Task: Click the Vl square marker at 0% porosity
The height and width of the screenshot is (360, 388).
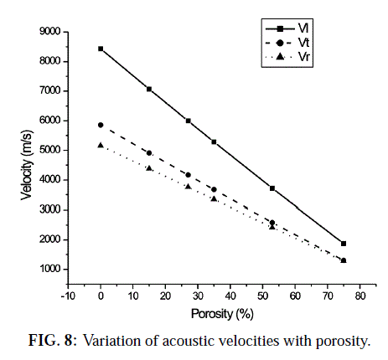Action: point(101,49)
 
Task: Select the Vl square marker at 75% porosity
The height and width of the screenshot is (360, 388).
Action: point(344,244)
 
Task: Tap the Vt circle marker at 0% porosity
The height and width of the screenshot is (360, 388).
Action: point(101,125)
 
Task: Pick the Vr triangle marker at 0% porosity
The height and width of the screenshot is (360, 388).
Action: point(101,145)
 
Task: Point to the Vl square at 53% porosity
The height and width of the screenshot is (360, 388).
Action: point(272,188)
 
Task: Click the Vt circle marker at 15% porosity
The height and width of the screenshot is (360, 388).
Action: point(149,153)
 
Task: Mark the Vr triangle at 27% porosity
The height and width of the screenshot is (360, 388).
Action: point(189,186)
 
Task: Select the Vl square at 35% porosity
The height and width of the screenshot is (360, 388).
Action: point(214,141)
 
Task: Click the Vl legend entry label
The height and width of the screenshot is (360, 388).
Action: point(303,28)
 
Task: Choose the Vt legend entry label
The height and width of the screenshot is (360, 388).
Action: point(303,43)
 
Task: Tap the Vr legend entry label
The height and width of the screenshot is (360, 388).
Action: point(304,57)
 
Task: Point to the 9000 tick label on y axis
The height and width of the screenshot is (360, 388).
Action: point(49,32)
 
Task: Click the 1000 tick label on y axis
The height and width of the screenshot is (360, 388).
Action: point(49,269)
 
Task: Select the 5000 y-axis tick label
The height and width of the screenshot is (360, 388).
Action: point(49,150)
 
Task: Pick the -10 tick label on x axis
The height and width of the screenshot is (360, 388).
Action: point(68,296)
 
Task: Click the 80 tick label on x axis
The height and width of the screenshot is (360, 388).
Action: point(360,296)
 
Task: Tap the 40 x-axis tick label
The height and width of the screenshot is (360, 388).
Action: point(230,296)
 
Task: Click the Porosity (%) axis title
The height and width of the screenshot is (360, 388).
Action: point(222,314)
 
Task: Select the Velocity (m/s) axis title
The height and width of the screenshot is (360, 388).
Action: point(27,165)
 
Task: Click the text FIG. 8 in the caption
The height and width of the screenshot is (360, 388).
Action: point(53,341)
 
